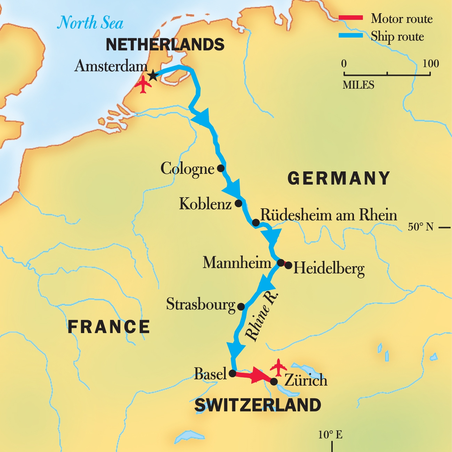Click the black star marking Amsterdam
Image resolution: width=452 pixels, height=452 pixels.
pyautogui.click(x=153, y=75)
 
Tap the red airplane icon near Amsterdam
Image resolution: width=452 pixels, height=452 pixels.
pyautogui.click(x=143, y=84)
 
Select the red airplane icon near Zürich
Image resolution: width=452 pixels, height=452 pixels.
pyautogui.click(x=278, y=367)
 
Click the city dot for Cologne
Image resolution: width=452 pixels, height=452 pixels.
pyautogui.click(x=221, y=168)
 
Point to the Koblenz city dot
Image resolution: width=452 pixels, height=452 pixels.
pyautogui.click(x=239, y=203)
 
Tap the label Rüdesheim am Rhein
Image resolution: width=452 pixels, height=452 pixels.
pyautogui.click(x=329, y=215)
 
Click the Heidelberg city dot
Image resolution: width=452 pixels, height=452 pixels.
pyautogui.click(x=288, y=265)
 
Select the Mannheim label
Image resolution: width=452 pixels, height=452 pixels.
pyautogui.click(x=237, y=263)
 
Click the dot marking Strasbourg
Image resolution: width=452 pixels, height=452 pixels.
pyautogui.click(x=241, y=306)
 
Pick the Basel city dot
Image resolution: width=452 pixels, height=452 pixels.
pyautogui.click(x=232, y=373)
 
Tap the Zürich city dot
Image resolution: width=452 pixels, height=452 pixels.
pyautogui.click(x=274, y=382)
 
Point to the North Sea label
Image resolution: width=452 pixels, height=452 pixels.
pyautogui.click(x=90, y=23)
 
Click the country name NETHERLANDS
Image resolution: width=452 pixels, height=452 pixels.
pyautogui.click(x=165, y=45)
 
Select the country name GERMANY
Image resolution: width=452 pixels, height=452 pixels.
pyautogui.click(x=339, y=178)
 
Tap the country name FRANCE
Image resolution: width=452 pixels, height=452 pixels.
pyautogui.click(x=108, y=327)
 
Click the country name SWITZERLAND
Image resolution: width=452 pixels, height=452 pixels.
pyautogui.click(x=258, y=405)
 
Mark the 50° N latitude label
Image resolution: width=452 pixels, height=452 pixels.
pyautogui.click(x=421, y=227)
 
